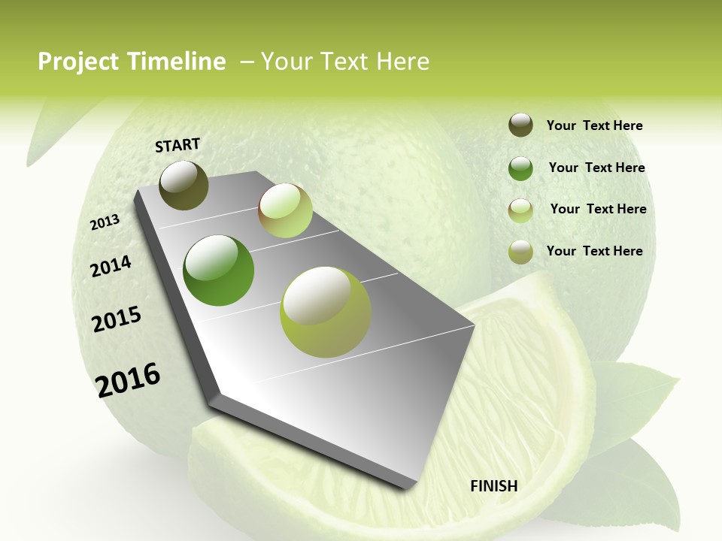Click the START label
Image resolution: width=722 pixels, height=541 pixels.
coord(177,145)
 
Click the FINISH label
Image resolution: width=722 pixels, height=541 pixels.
coord(494,486)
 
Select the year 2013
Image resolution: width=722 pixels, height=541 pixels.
coord(105,222)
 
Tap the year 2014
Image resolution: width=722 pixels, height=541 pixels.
coord(111,266)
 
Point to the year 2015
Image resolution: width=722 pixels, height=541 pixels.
coord(117,319)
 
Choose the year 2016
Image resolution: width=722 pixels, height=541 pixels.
coord(128,379)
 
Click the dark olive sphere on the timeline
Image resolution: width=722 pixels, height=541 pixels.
coord(184,185)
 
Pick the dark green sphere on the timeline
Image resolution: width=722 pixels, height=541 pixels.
coord(218,270)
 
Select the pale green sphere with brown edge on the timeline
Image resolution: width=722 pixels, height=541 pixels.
coord(285,210)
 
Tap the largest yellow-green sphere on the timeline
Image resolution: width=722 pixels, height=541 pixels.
coord(326,312)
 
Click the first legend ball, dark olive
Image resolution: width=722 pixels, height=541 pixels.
coord(520,125)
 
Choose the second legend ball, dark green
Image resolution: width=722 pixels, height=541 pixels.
coord(520,168)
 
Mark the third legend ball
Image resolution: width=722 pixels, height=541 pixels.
coord(520,210)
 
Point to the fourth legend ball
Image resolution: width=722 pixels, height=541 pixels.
coord(520,252)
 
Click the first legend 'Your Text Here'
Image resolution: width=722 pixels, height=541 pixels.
coord(594,125)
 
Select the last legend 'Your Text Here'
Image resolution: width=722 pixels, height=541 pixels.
coord(594,251)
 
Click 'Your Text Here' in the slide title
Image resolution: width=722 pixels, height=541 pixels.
coord(344,62)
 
